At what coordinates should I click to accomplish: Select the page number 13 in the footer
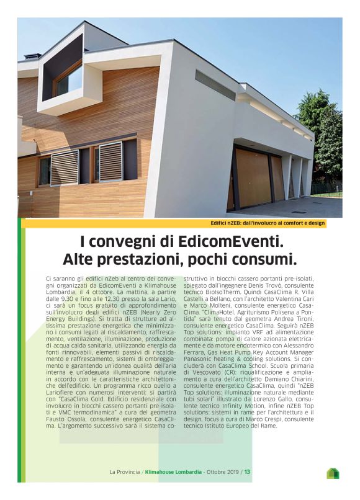coord(247,471)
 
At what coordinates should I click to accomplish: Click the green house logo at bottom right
coord(333,473)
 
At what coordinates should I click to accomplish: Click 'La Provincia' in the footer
coord(124,471)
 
